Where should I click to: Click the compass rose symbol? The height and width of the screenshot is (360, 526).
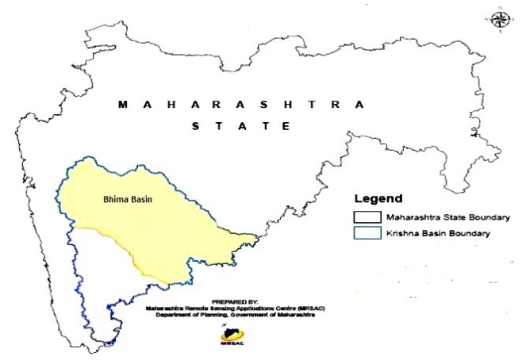coord(500,20)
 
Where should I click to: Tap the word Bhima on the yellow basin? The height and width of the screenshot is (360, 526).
coord(116,200)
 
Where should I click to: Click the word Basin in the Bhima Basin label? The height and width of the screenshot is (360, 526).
coord(141,200)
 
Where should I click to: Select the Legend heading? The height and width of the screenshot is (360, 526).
coord(378,198)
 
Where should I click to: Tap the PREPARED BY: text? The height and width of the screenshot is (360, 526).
coord(230,301)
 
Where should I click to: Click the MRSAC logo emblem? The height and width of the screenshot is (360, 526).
coord(229,335)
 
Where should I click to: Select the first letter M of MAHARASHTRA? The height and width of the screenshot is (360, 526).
coord(121,105)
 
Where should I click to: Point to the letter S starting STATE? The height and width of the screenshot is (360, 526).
coord(194,126)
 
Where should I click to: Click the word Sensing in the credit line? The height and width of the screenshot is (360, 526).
coord(223,308)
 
